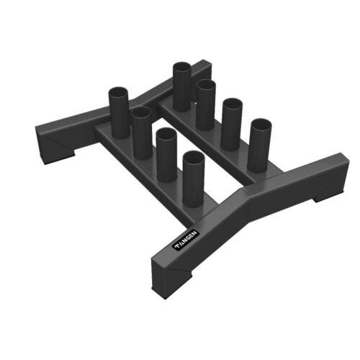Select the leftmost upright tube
click(119, 112)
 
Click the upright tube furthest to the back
click(181, 86)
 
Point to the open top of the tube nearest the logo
click(193, 156)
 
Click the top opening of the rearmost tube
click(181, 67)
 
